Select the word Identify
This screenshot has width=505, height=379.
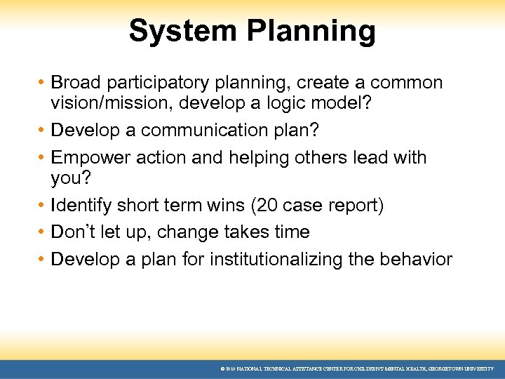click(81, 206)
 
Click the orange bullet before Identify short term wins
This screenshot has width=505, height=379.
click(41, 206)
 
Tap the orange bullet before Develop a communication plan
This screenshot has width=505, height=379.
click(41, 131)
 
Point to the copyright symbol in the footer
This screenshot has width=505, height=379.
click(222, 368)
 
